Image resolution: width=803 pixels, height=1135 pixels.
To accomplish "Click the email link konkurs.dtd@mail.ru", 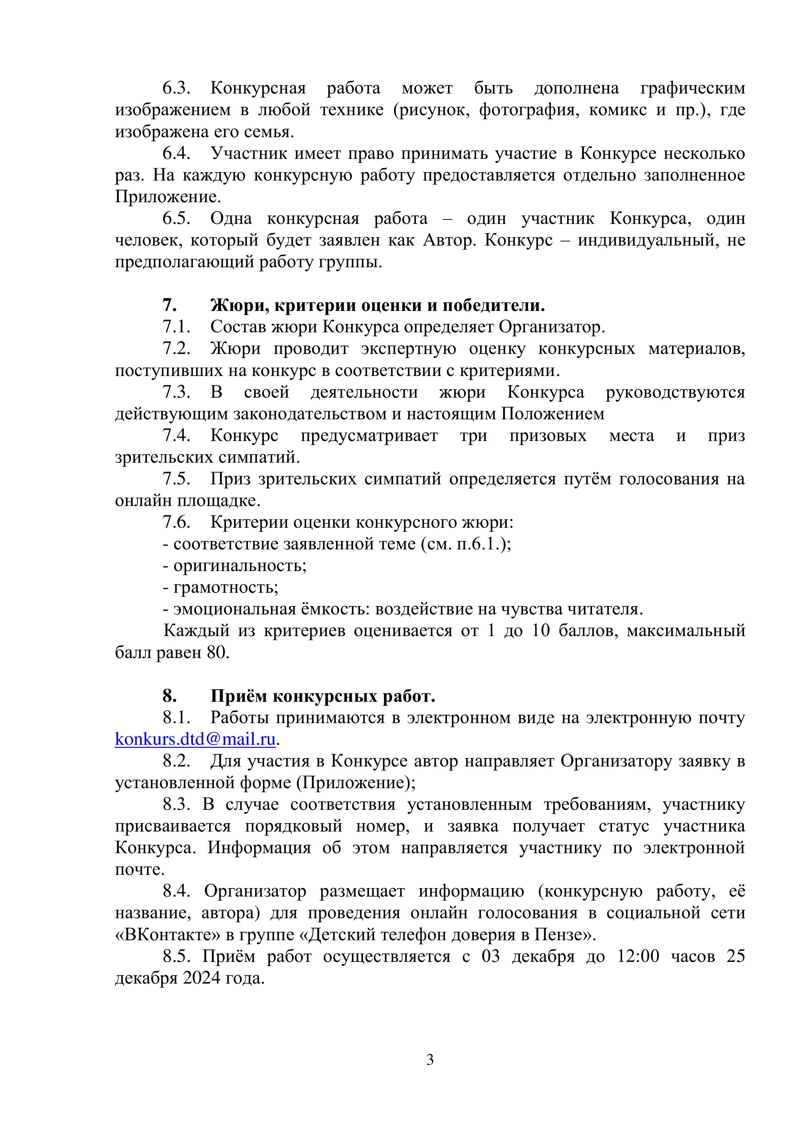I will (x=195, y=739).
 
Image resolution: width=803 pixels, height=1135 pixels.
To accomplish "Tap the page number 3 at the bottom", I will (x=430, y=1059).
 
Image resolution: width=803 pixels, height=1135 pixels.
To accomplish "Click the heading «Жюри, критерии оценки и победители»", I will (x=377, y=305).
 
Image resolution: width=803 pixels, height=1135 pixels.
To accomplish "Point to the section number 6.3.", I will (x=176, y=88).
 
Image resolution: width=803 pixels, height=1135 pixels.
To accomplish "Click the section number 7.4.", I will (x=176, y=435).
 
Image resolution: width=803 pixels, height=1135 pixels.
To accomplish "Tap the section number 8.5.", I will (x=176, y=956).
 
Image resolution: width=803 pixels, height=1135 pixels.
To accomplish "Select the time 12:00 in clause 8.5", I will (x=638, y=956).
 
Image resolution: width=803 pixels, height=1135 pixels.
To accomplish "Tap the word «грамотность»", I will (x=226, y=587).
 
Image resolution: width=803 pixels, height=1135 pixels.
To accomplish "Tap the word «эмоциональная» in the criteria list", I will (x=234, y=609).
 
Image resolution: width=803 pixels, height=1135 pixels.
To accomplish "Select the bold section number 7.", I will (x=170, y=305).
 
